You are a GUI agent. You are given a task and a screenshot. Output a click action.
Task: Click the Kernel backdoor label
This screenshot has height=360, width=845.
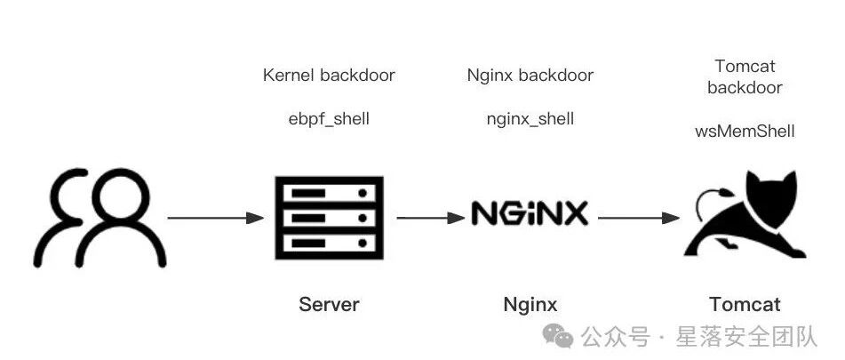pyautogui.click(x=329, y=76)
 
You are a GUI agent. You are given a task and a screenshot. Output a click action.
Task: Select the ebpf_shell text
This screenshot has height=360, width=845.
pyautogui.click(x=329, y=118)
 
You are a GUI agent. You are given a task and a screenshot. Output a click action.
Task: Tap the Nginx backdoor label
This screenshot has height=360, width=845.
pyautogui.click(x=530, y=76)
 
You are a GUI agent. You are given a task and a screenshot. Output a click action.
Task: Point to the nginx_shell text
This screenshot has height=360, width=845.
pyautogui.click(x=530, y=118)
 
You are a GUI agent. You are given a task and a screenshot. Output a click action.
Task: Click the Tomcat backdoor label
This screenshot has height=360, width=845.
pyautogui.click(x=745, y=76)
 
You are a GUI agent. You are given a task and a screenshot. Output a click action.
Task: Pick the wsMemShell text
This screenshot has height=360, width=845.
pyautogui.click(x=745, y=131)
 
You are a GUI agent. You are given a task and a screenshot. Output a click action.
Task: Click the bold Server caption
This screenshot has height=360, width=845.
pyautogui.click(x=329, y=305)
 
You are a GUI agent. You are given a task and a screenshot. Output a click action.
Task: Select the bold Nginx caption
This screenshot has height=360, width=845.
pyautogui.click(x=530, y=305)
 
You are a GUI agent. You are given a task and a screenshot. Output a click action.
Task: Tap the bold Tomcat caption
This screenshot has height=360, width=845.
pyautogui.click(x=745, y=305)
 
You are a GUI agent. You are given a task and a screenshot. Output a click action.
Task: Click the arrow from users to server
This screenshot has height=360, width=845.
pyautogui.click(x=216, y=218)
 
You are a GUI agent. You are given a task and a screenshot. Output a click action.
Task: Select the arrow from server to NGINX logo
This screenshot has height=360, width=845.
pyautogui.click(x=431, y=218)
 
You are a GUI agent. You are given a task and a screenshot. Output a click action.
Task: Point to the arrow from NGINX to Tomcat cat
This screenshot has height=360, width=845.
pyautogui.click(x=639, y=218)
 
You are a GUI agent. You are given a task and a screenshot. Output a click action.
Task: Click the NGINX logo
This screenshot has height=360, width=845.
pyautogui.click(x=530, y=213)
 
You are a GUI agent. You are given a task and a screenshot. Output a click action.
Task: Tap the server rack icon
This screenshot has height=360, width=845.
pyautogui.click(x=329, y=218)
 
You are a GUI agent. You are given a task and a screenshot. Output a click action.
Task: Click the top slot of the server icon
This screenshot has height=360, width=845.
pyautogui.click(x=329, y=193)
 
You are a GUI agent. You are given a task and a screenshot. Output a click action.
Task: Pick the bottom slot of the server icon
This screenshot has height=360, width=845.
pyautogui.click(x=329, y=243)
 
